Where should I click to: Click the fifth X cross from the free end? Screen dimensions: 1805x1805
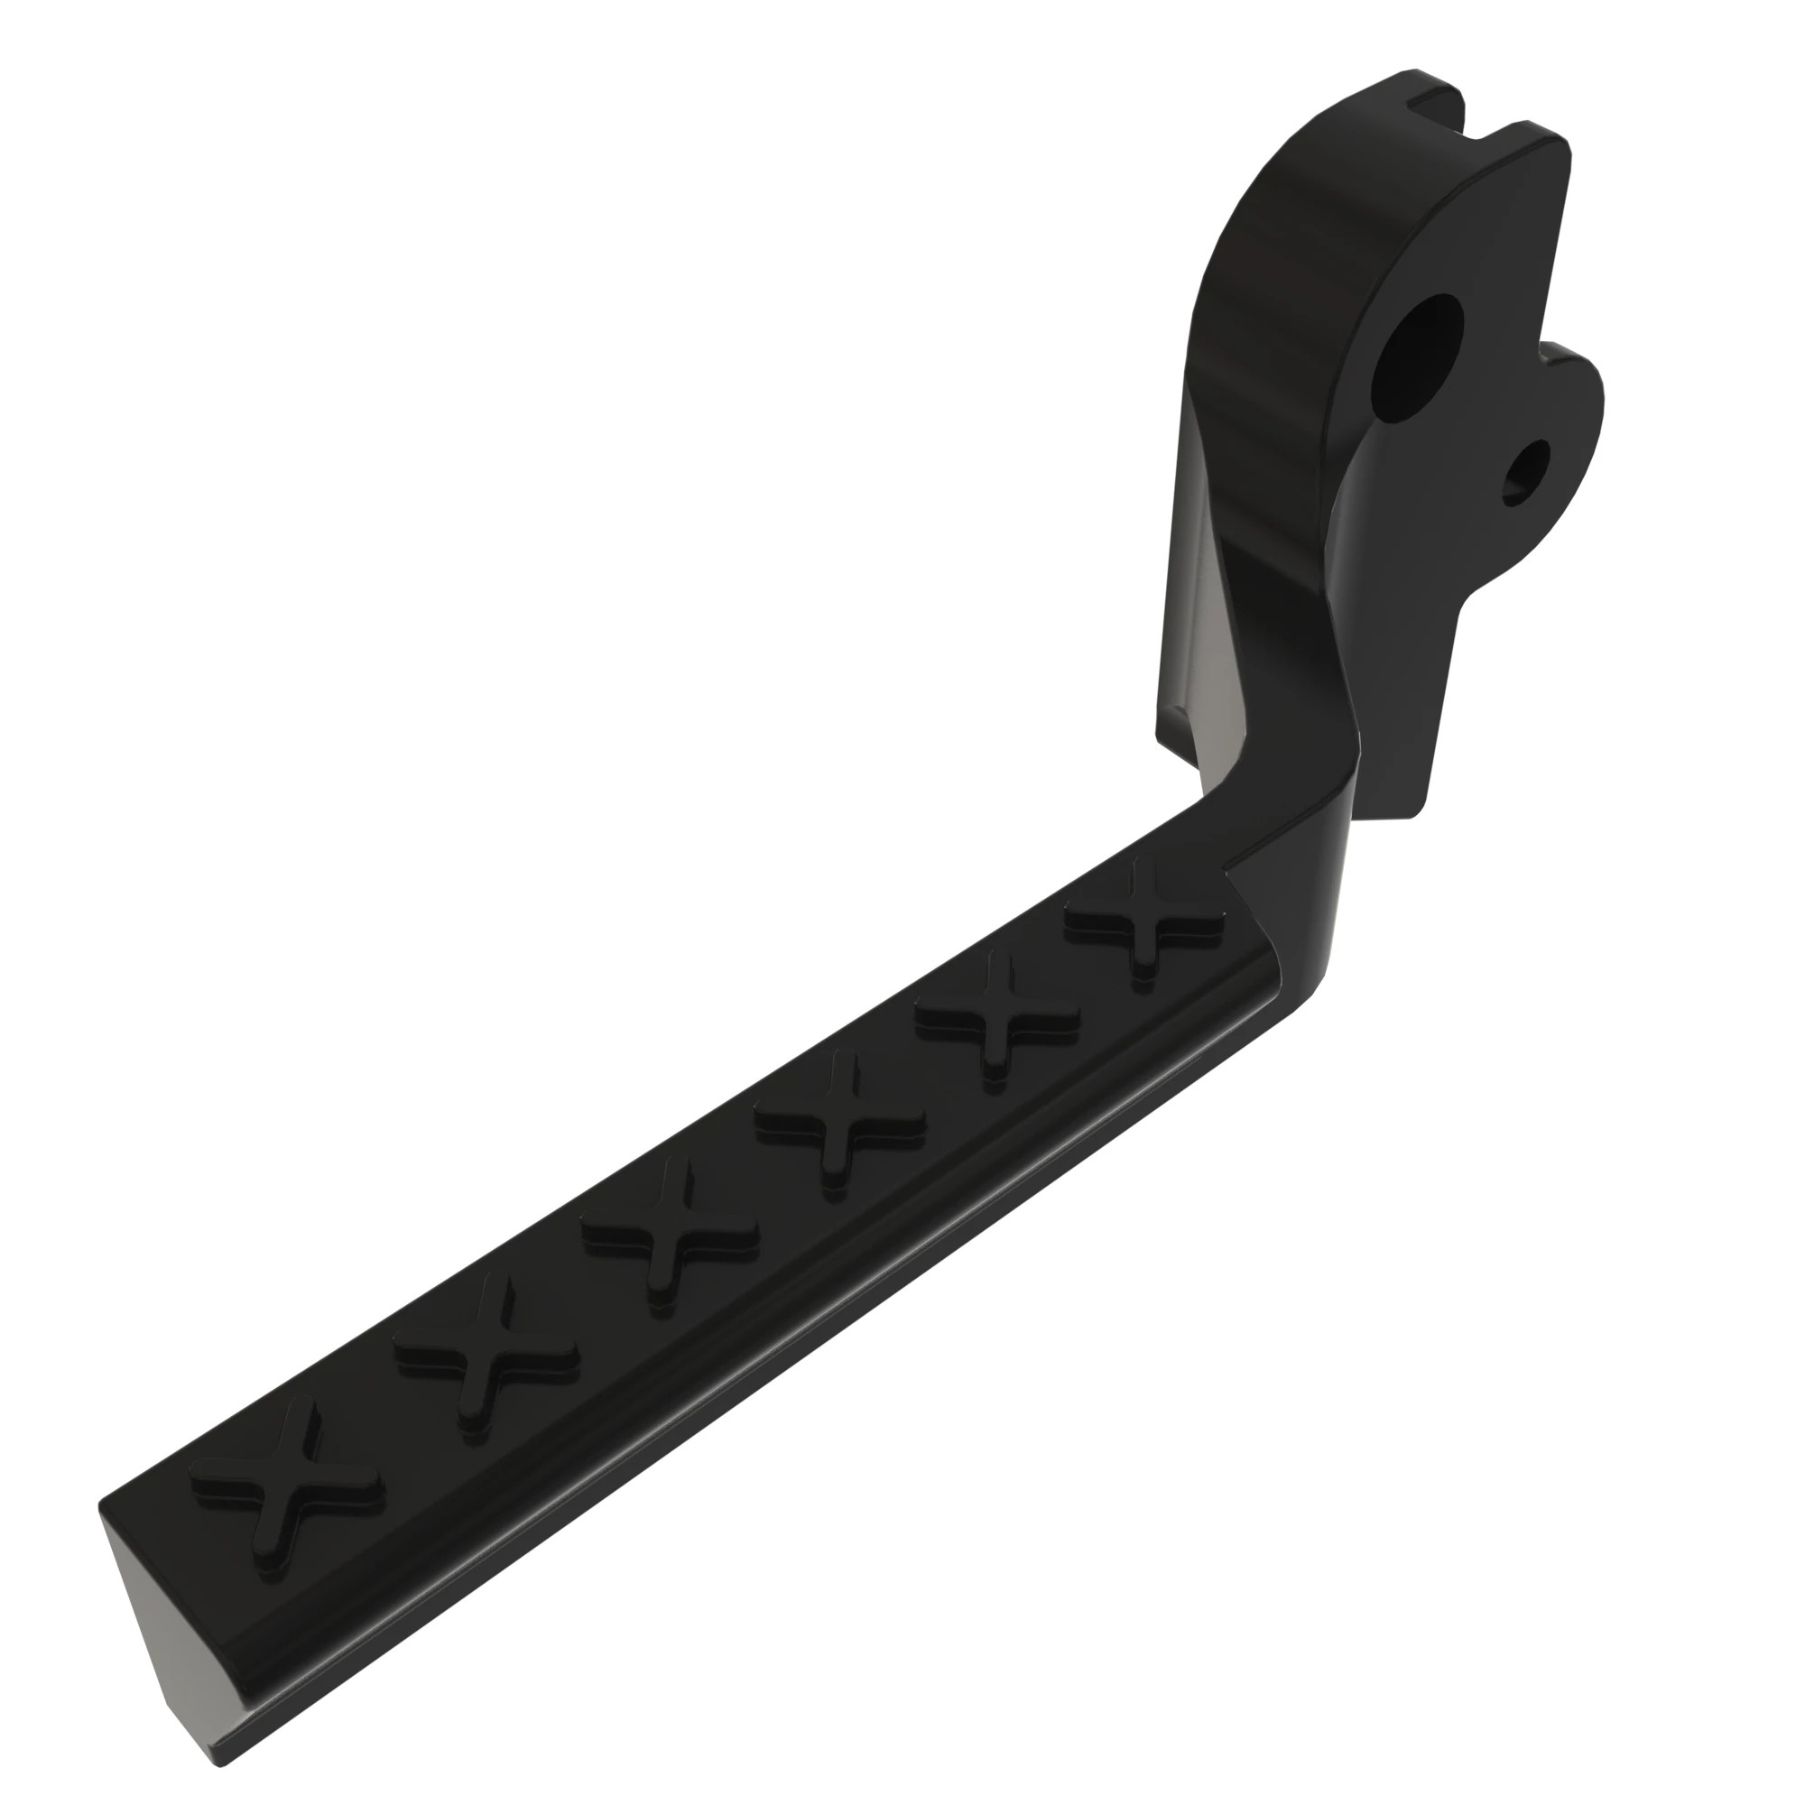point(998,1015)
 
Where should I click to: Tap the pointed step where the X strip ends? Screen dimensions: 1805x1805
point(1238,878)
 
